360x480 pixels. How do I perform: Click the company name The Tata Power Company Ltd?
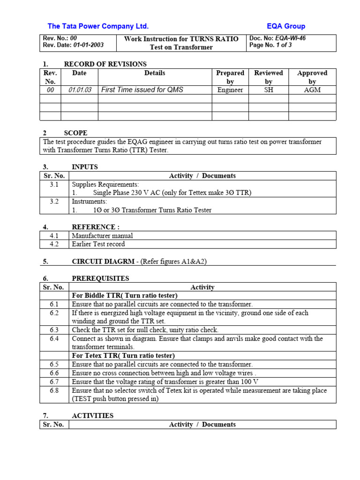[98, 26]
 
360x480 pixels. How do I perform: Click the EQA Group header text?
[286, 26]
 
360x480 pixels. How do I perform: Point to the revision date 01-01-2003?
[88, 45]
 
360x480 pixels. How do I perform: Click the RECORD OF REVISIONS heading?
[105, 64]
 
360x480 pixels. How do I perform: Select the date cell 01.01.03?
[79, 90]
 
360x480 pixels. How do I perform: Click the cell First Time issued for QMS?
[142, 90]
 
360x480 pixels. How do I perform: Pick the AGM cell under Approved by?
[312, 90]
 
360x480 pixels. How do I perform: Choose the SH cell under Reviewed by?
[268, 90]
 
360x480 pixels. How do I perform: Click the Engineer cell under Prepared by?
[230, 90]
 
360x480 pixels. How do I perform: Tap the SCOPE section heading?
[75, 133]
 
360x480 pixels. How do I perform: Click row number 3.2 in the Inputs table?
[54, 202]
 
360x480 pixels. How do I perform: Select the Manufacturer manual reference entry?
[102, 236]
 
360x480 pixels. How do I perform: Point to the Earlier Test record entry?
[98, 244]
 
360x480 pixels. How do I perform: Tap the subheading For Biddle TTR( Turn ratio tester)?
[124, 296]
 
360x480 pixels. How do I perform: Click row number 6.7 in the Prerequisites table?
[54, 382]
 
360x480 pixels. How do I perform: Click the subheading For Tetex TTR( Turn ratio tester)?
[123, 356]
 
